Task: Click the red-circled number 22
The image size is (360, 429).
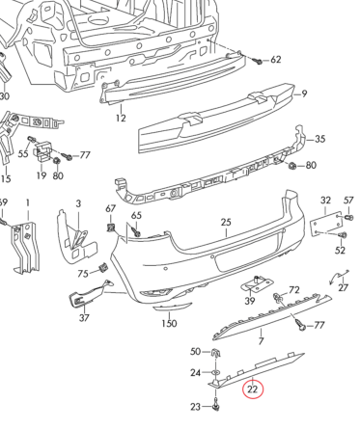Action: [x=253, y=389]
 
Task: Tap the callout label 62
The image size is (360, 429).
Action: [x=275, y=60]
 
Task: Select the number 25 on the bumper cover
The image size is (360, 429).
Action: [x=226, y=223]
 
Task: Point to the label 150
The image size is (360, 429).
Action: [x=169, y=324]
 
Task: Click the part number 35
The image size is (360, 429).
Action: [x=320, y=139]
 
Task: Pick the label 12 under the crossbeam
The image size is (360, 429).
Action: [x=121, y=119]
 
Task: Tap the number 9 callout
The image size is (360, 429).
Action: [x=302, y=94]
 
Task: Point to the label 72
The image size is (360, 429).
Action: [x=294, y=289]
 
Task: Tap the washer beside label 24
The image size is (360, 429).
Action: [x=215, y=372]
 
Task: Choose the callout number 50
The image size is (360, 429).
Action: [x=194, y=352]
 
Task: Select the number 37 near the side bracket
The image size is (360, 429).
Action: [x=84, y=318]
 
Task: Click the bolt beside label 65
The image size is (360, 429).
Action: [x=136, y=231]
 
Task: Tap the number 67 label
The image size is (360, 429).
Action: [x=111, y=209]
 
